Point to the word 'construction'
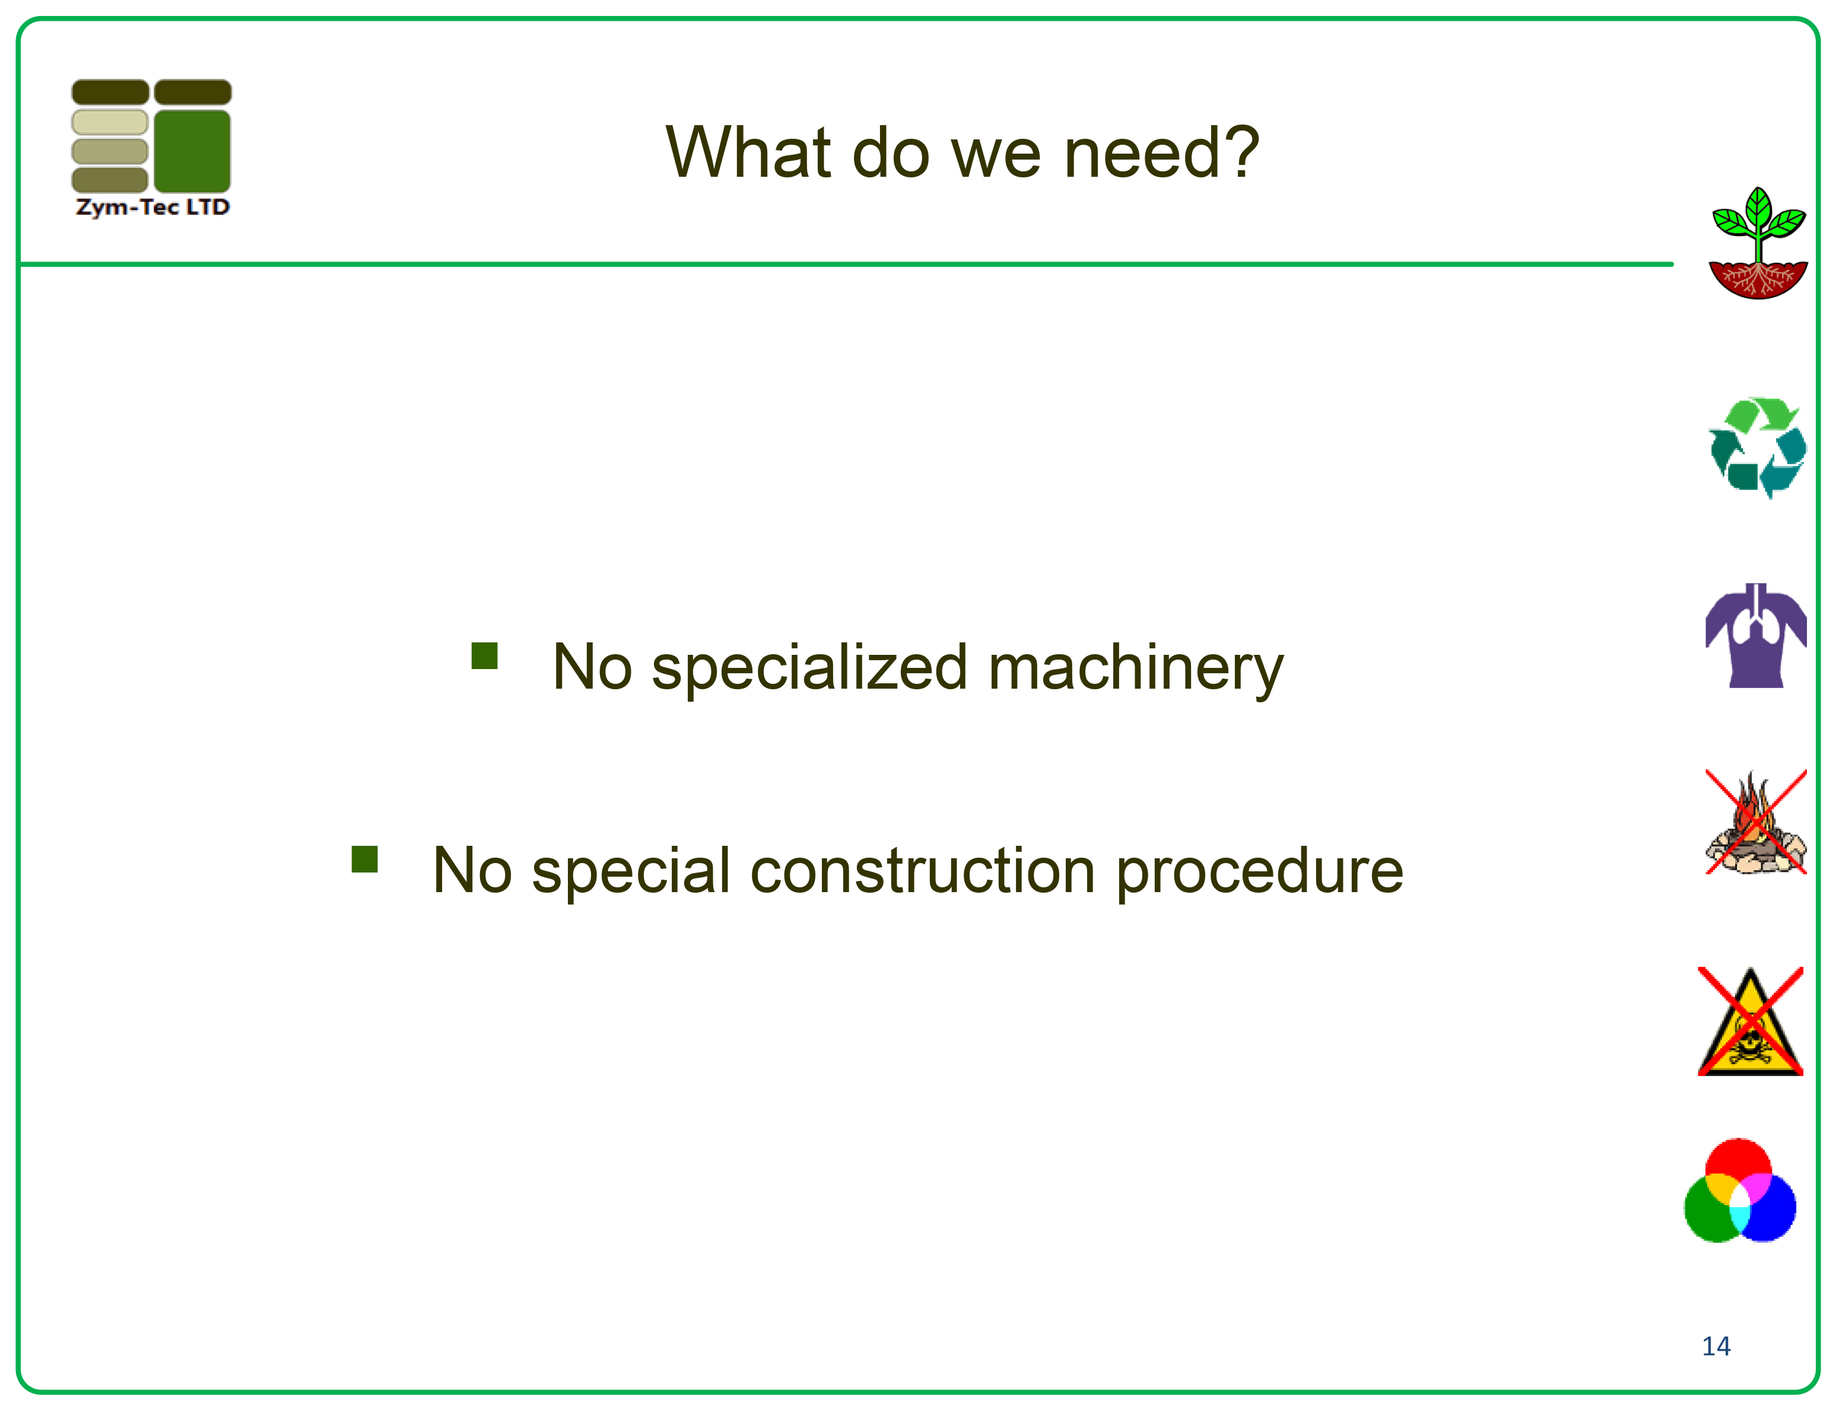[923, 871]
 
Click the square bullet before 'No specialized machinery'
[485, 655]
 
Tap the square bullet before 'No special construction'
[364, 859]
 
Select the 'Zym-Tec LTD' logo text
[153, 207]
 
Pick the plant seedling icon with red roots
[1758, 243]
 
